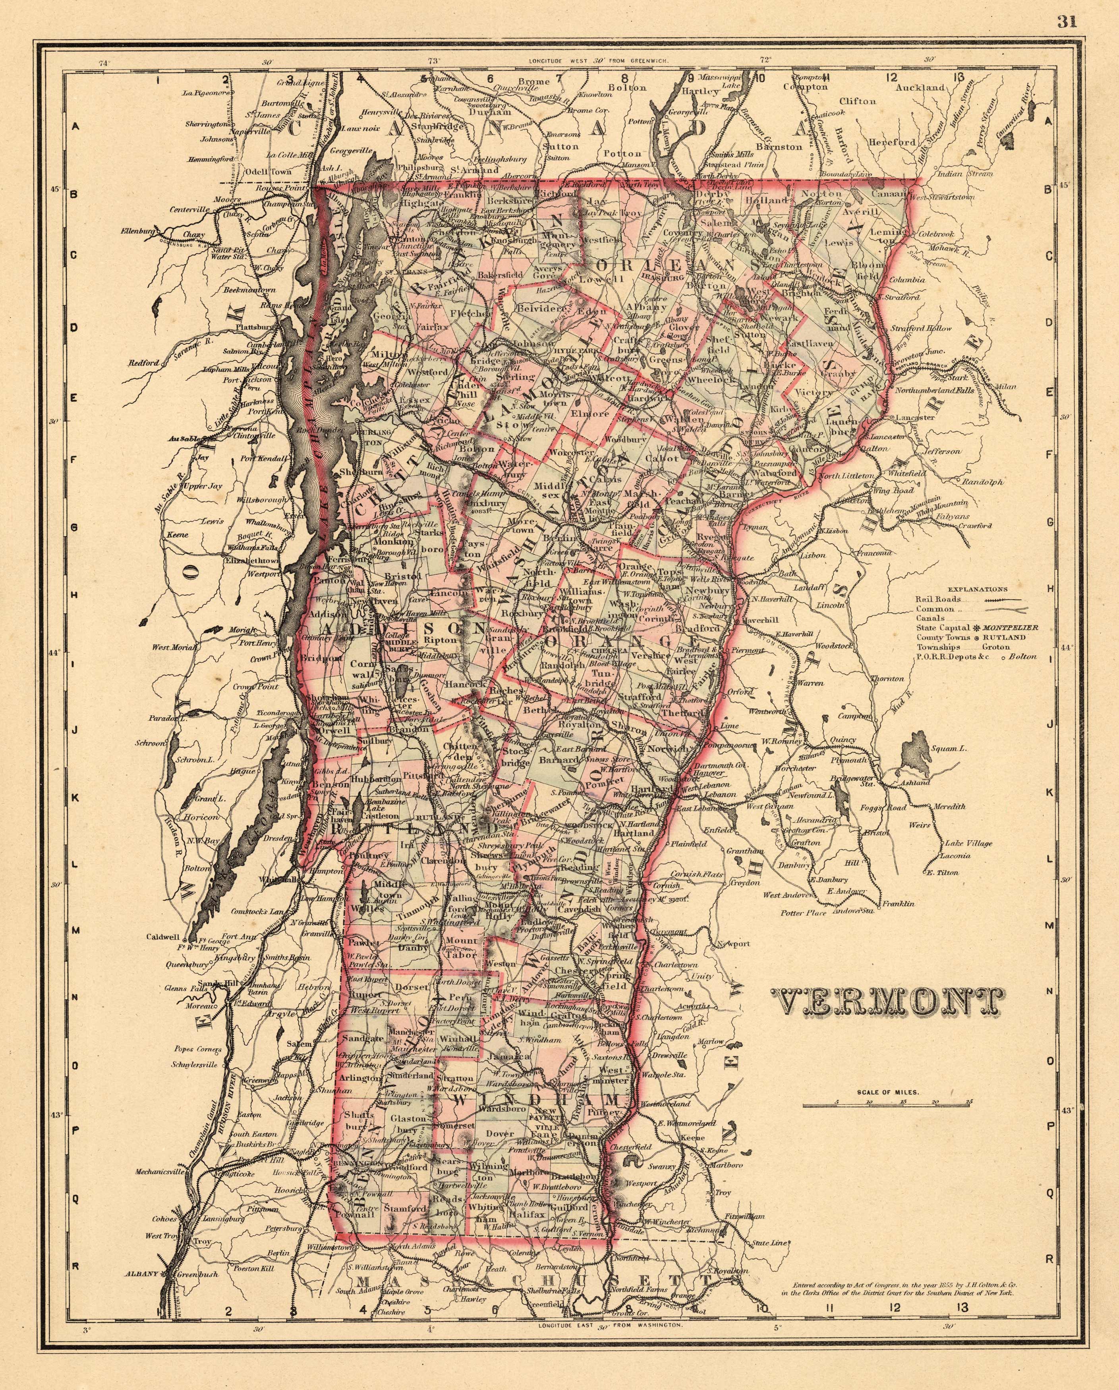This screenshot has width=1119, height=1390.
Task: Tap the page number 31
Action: pyautogui.click(x=1067, y=22)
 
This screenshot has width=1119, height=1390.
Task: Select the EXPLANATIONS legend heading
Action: pyautogui.click(x=978, y=589)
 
